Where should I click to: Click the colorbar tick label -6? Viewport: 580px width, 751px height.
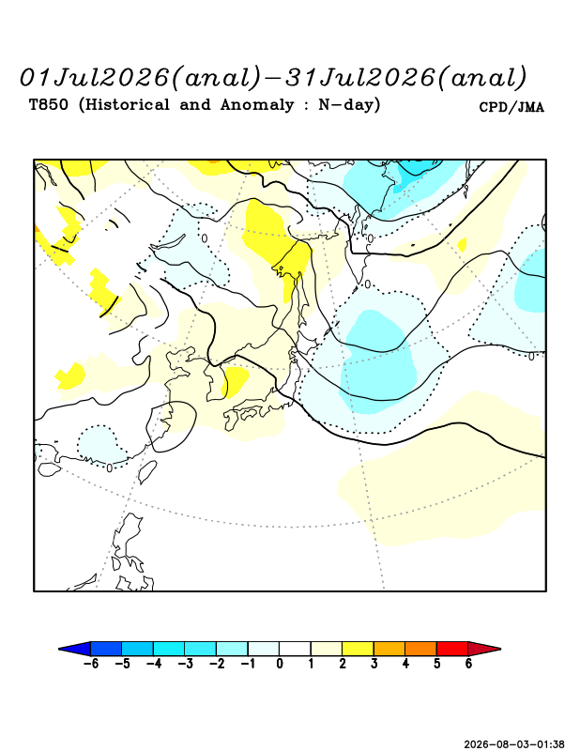click(x=91, y=664)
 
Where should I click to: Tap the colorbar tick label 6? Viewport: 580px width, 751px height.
click(x=468, y=664)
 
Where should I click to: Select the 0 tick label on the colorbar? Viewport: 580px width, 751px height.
click(x=280, y=664)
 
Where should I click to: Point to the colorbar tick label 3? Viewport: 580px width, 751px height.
click(x=374, y=664)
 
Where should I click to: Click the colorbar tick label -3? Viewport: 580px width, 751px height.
click(x=185, y=664)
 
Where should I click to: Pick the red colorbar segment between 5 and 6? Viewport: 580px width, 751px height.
click(x=452, y=649)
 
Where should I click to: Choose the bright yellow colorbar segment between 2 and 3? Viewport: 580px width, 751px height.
click(x=358, y=649)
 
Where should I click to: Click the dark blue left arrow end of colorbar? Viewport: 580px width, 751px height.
click(x=75, y=649)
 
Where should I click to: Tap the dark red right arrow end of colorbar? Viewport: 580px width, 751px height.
click(x=484, y=649)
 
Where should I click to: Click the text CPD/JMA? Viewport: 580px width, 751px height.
click(x=511, y=107)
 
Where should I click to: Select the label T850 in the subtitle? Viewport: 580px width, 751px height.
click(x=49, y=104)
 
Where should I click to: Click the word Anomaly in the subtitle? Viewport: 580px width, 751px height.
click(x=257, y=105)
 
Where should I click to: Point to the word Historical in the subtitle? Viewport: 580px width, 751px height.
click(x=124, y=104)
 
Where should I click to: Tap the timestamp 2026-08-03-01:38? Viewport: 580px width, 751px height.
click(x=514, y=744)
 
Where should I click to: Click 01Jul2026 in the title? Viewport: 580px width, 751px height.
click(x=95, y=78)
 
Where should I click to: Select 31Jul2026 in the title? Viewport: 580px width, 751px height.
click(x=360, y=78)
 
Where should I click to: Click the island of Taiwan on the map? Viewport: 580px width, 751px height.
click(x=147, y=472)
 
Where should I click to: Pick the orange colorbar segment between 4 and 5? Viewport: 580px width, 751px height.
click(x=420, y=649)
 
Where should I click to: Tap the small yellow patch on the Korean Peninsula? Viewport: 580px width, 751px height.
click(x=236, y=382)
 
